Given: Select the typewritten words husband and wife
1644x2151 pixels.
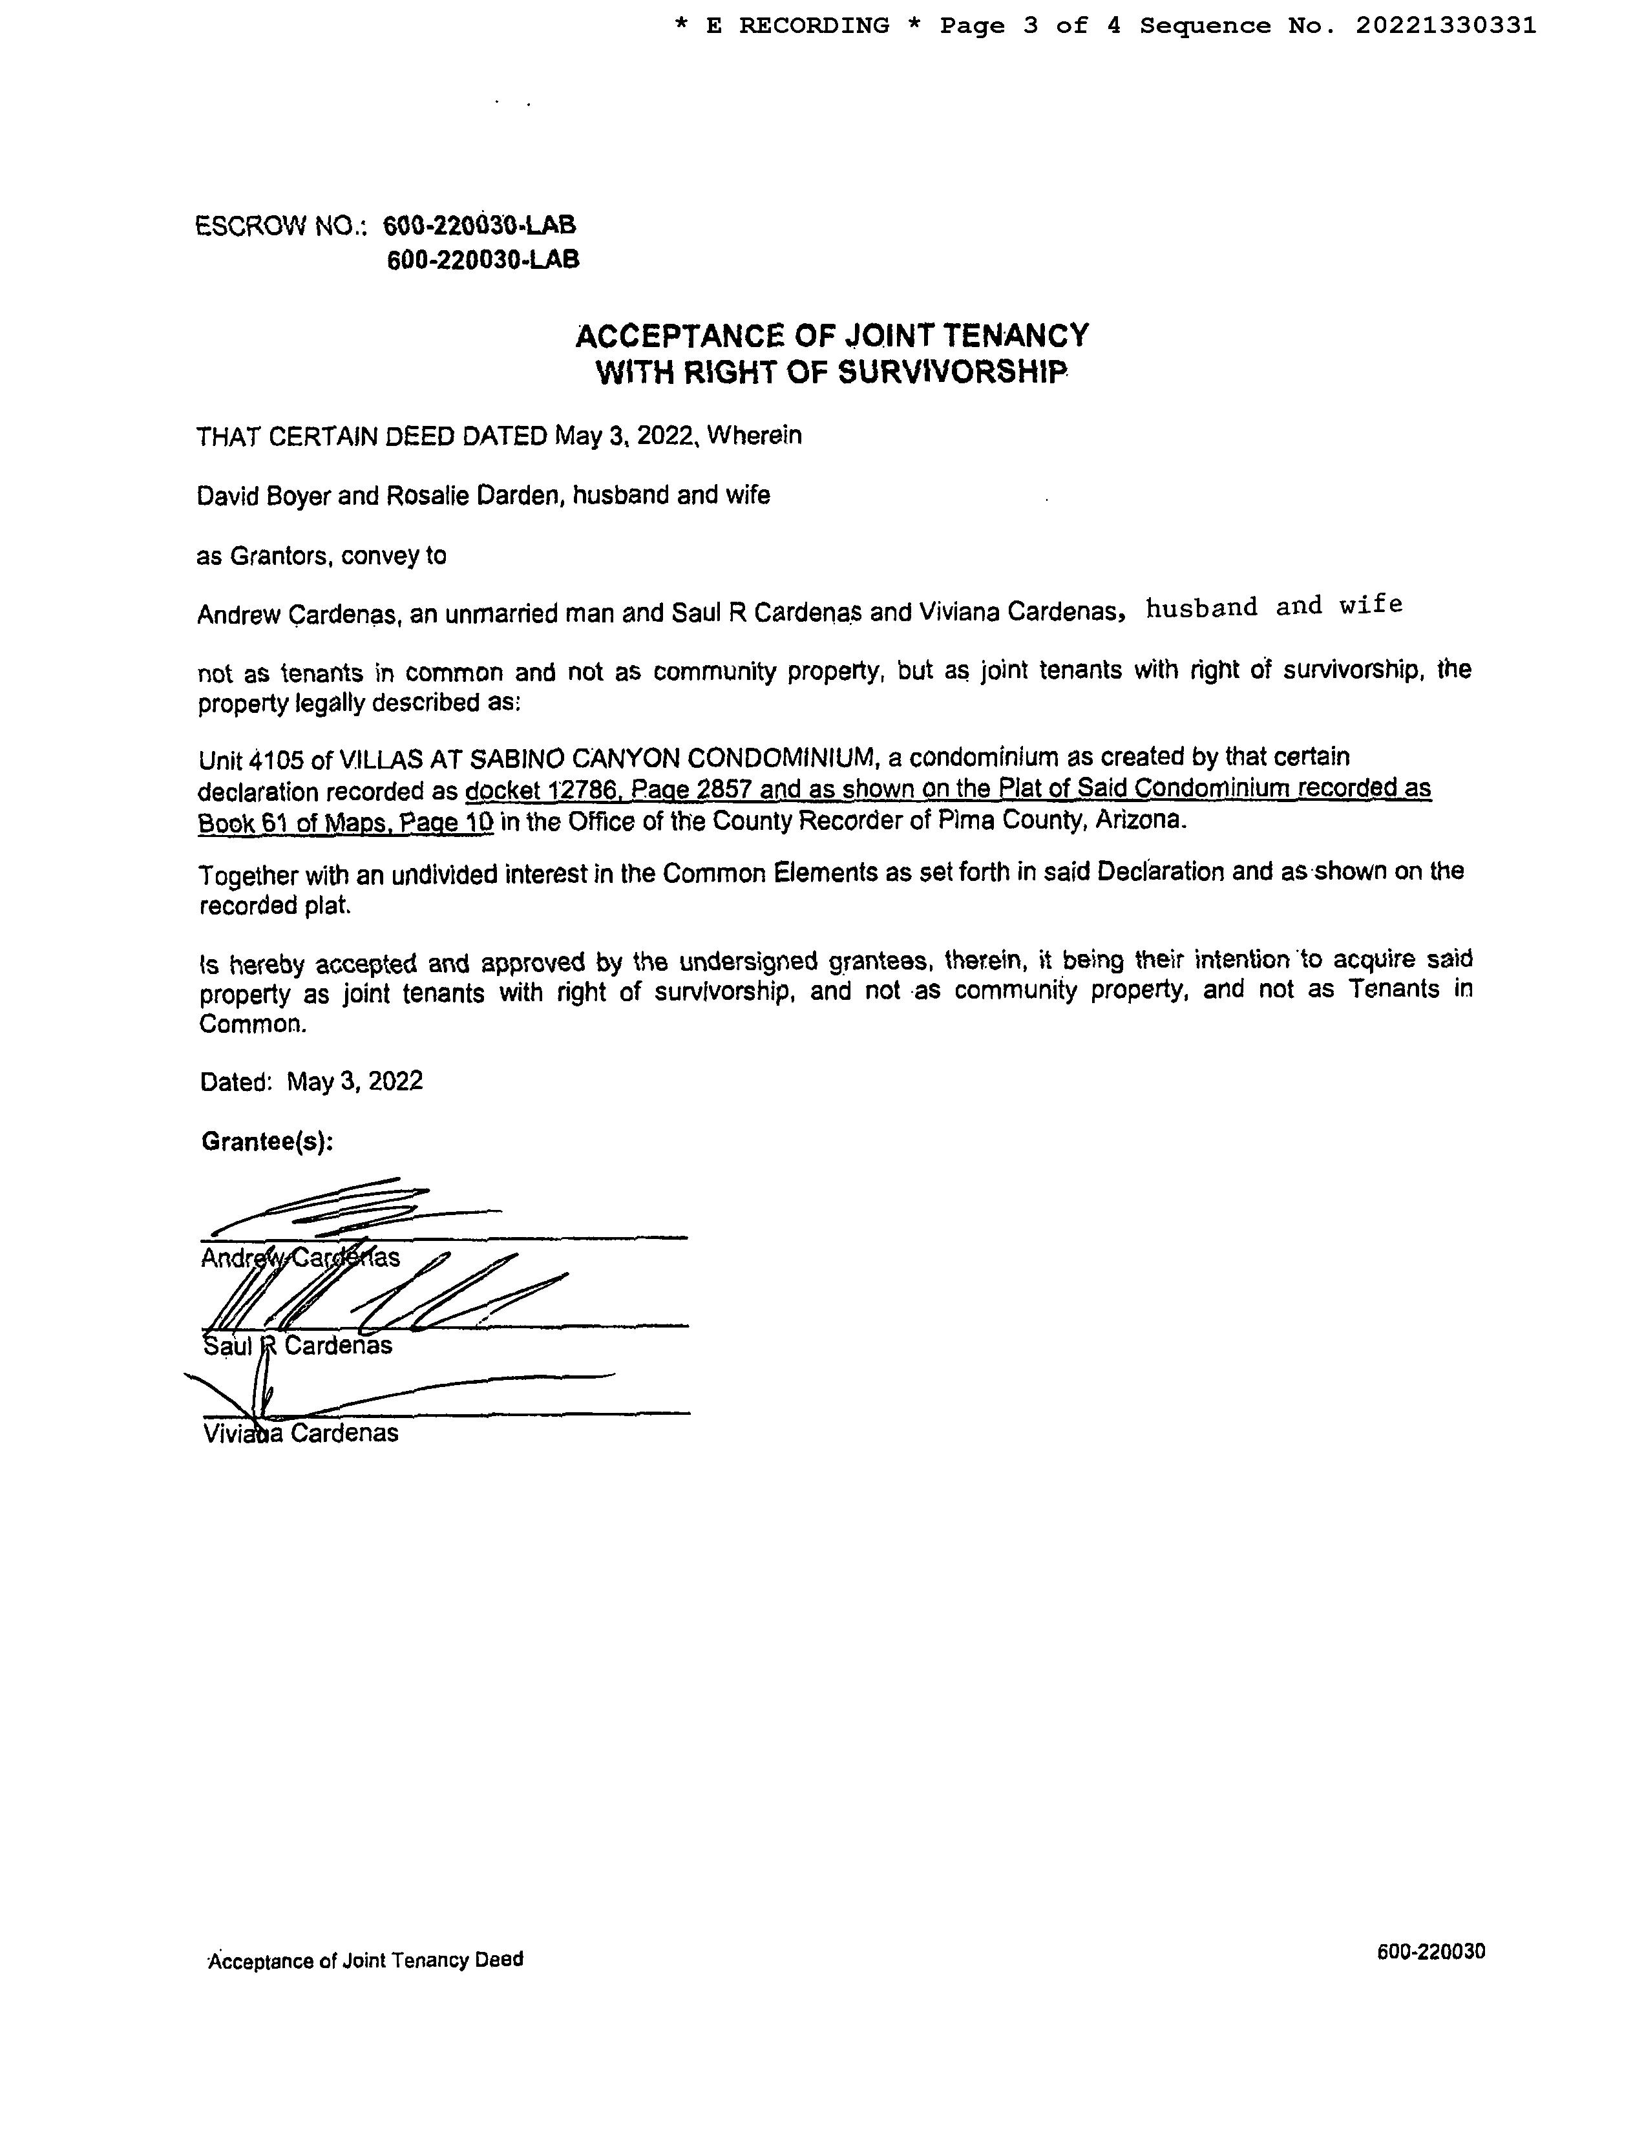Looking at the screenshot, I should [1274, 607].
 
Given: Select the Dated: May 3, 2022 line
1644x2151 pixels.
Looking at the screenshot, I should [311, 1081].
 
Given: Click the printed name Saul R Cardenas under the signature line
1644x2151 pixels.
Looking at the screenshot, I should [297, 1346].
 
